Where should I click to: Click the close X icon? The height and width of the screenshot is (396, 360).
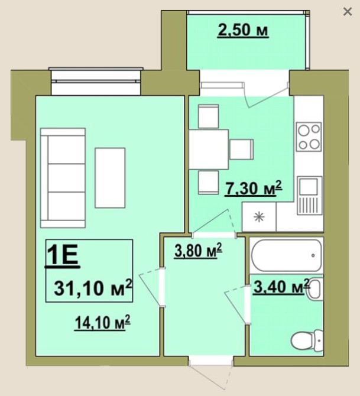348,12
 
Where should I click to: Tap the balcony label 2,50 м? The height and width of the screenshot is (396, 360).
243,31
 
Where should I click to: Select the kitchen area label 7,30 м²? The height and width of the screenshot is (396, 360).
254,189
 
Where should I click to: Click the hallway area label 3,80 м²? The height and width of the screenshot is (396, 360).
198,251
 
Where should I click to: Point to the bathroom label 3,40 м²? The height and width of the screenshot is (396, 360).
281,287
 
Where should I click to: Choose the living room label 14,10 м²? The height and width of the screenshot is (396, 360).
103,323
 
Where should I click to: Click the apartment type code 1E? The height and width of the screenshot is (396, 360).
63,255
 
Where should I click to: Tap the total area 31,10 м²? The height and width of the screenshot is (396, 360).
93,288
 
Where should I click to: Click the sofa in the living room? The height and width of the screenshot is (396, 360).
63,178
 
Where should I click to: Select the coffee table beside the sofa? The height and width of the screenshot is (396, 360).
110,178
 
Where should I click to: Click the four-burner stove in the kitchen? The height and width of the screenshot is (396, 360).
309,137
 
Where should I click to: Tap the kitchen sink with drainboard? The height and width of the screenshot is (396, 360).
310,196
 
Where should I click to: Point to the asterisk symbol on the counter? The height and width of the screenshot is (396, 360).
259,217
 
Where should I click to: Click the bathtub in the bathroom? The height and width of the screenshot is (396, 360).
286,255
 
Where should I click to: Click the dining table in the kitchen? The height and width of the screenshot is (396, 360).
209,150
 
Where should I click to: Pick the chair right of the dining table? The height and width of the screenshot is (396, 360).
242,150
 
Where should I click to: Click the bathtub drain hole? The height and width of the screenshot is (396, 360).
313,255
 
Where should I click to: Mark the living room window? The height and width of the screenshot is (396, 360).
96,81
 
